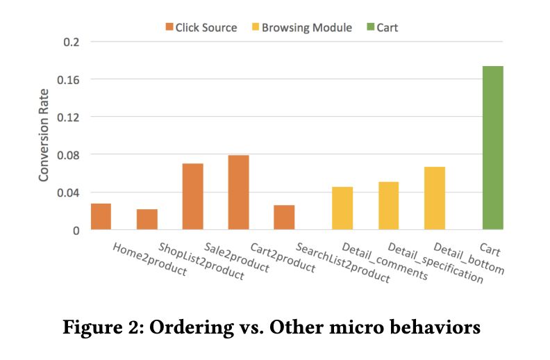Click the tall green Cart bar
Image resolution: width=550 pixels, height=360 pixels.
[x=493, y=148]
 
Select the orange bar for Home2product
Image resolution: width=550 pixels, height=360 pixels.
[x=101, y=216]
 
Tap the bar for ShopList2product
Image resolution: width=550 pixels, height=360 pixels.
[x=147, y=219]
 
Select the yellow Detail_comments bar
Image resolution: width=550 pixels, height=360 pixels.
[x=342, y=208]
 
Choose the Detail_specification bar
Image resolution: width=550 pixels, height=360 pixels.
[x=389, y=206]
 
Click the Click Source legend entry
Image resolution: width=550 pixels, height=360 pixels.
[x=201, y=28]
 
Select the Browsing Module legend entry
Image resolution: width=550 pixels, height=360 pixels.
[x=310, y=28]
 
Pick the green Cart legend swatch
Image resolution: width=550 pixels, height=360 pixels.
[x=371, y=28]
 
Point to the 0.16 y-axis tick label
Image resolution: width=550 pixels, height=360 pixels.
[x=67, y=79]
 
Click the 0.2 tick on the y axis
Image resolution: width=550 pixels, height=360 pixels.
[x=72, y=42]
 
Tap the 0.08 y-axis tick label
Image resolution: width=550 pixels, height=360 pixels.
[x=67, y=154]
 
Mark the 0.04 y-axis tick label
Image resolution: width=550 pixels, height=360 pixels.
[x=67, y=193]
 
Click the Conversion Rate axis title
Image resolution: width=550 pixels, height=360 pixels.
[x=44, y=136]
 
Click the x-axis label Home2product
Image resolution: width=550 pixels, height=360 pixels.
[x=149, y=260]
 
